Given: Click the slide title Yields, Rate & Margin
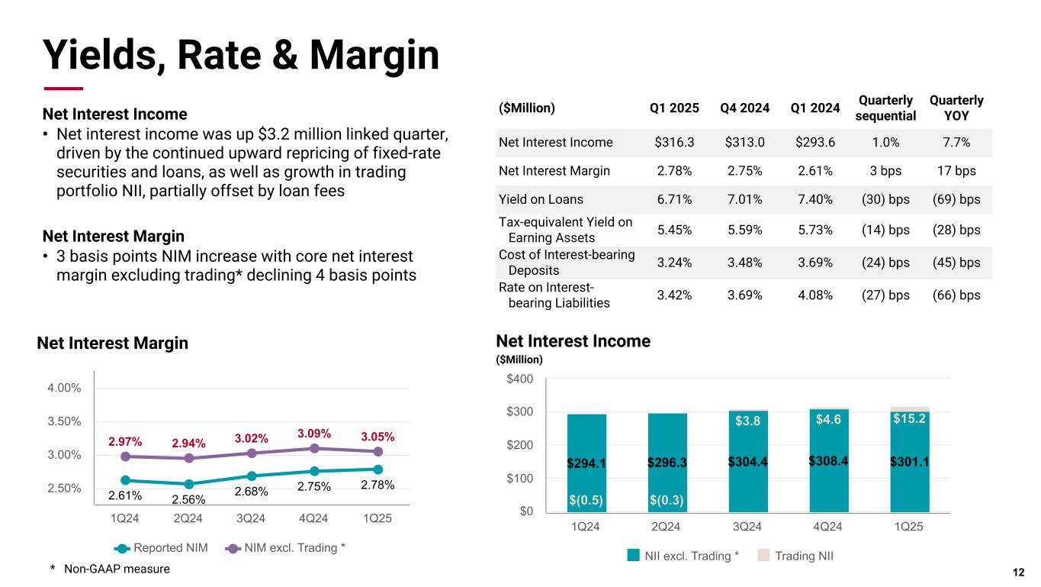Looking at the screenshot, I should click(x=241, y=54).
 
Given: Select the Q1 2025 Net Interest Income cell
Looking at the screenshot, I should click(x=674, y=142).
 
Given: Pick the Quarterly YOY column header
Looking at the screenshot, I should click(x=956, y=108).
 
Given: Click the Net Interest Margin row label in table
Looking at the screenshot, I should click(x=554, y=171).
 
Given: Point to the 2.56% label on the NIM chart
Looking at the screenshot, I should click(x=188, y=500).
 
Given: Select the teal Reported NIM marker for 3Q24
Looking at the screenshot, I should click(x=251, y=476).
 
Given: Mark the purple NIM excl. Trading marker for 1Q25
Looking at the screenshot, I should click(x=378, y=451).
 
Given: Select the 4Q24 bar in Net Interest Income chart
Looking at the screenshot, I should click(x=828, y=460).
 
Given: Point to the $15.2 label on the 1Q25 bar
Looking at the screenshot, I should click(x=910, y=418).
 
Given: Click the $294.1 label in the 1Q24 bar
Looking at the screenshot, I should click(x=586, y=463).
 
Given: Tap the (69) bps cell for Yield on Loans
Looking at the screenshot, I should click(x=956, y=199).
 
